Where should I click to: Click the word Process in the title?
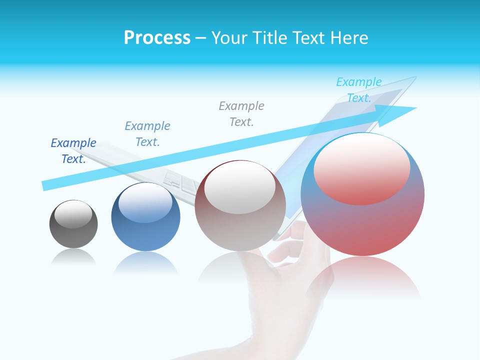[x=157, y=38]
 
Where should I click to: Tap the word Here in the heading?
[x=349, y=38]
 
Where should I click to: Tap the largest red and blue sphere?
[x=362, y=225]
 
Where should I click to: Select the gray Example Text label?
[x=241, y=114]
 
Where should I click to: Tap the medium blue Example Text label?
[x=147, y=134]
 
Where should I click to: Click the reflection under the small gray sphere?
[x=73, y=256]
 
